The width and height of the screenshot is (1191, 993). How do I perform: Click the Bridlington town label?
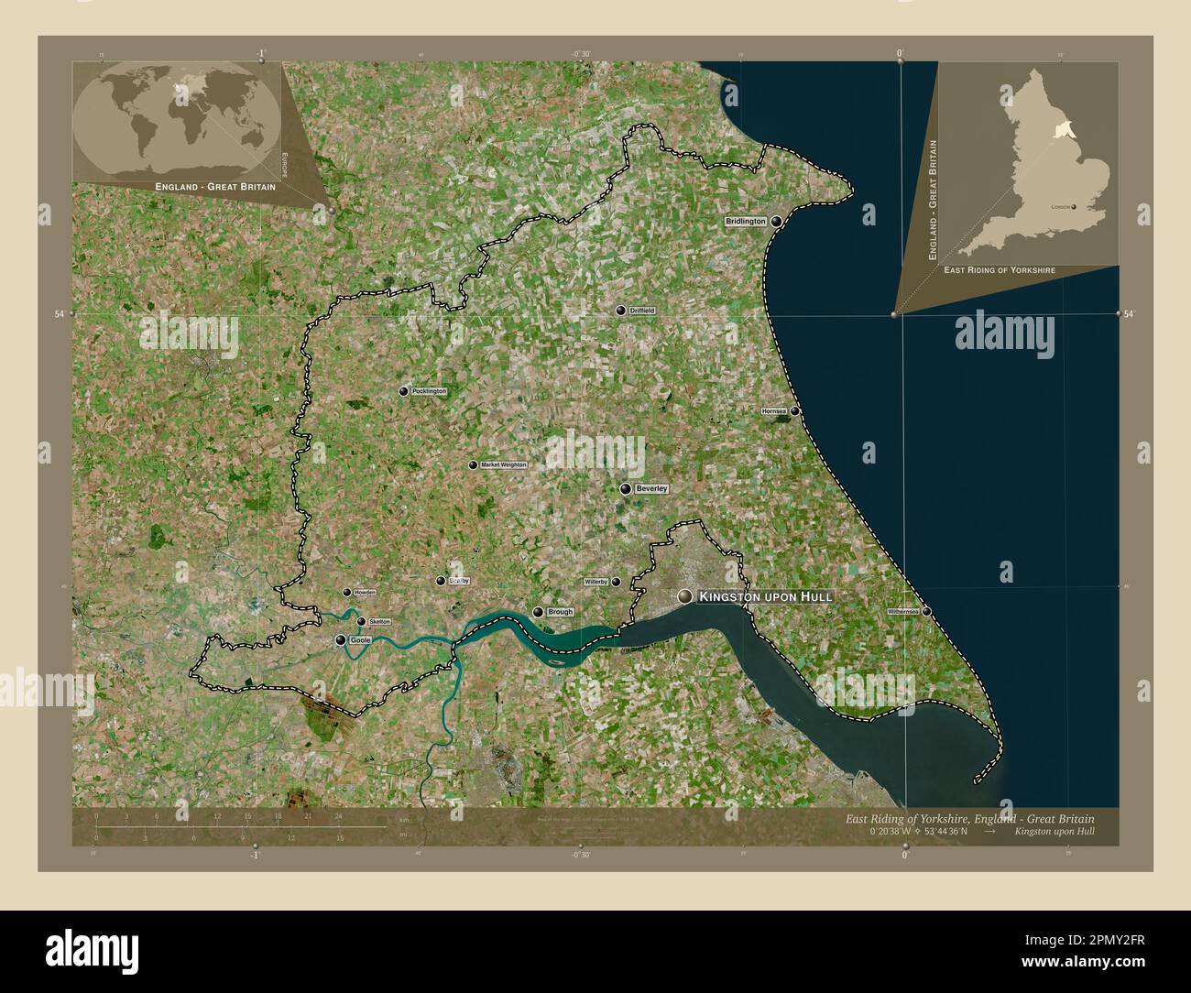coord(745,222)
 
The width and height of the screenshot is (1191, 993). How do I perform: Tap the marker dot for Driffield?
coord(621,311)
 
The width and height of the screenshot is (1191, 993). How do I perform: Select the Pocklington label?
coord(429,391)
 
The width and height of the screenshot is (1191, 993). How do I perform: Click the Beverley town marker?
coord(626,489)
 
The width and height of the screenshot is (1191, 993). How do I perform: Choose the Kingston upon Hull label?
coord(765,597)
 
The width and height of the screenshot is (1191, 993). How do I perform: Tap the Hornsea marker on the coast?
coord(795,411)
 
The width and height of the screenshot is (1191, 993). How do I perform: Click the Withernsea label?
coord(902,611)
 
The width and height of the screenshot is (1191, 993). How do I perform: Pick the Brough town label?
coord(560,612)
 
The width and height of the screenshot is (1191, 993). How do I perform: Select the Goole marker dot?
coord(341,640)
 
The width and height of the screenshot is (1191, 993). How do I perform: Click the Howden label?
coord(366,593)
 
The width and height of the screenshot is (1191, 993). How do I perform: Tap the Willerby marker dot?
coord(616,582)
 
